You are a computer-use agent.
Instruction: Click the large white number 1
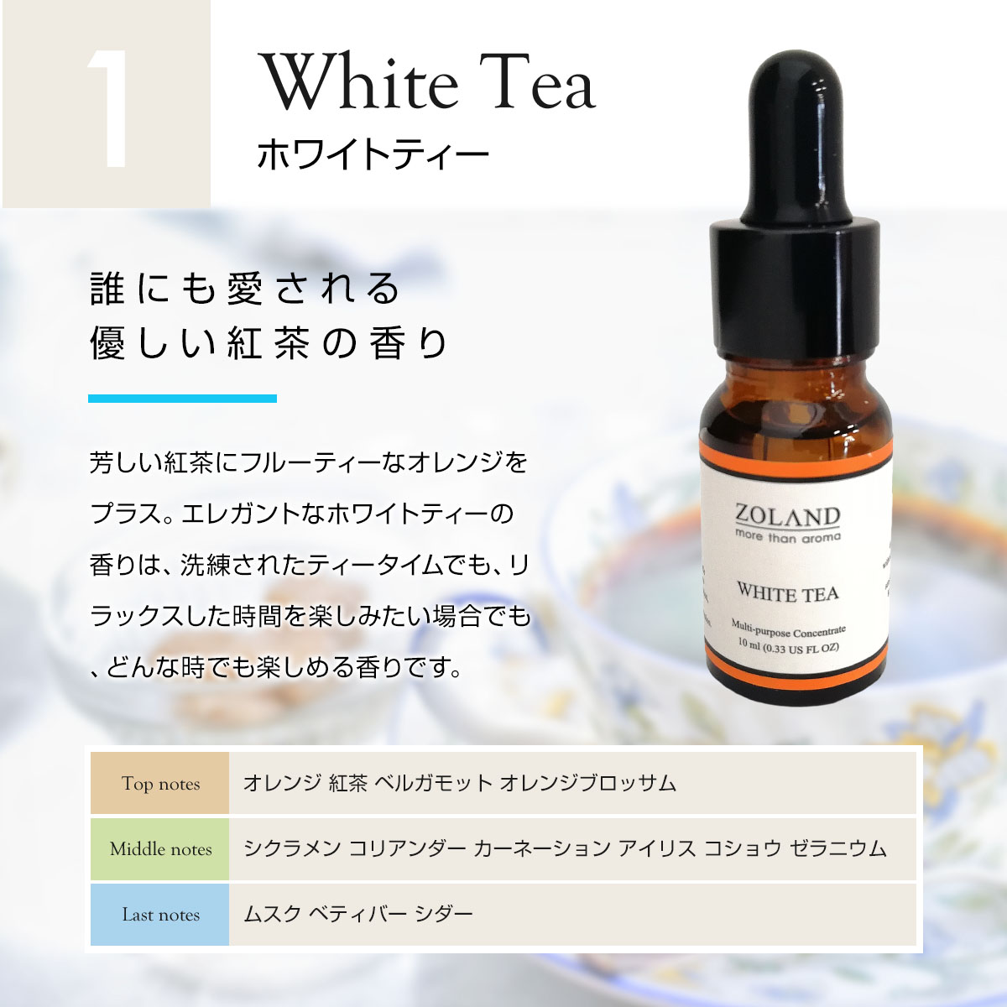coord(108,108)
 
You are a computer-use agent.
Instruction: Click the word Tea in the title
coord(543,82)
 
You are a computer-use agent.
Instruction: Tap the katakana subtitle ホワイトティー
coord(373,154)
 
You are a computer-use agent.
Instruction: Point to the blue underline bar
coord(182,399)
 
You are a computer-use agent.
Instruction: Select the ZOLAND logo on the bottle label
coord(787,517)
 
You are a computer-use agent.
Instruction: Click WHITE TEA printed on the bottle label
coord(788,593)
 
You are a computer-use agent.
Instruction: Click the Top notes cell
coord(160,783)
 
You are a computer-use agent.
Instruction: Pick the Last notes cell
coord(160,915)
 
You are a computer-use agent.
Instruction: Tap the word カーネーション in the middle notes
coord(541,848)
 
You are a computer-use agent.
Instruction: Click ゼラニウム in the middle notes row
coord(837,848)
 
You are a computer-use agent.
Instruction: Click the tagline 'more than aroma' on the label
coord(788,536)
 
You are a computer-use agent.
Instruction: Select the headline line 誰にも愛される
coord(245,288)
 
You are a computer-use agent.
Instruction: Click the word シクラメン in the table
coord(292,848)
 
